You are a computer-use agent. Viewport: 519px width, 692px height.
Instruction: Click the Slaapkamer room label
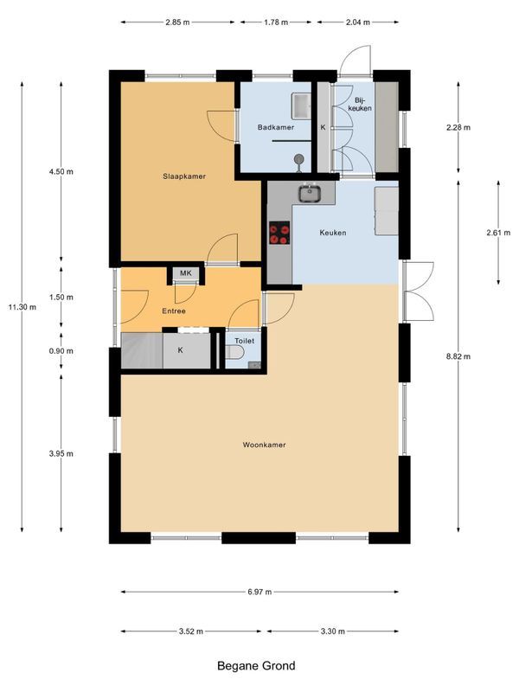tap(184, 176)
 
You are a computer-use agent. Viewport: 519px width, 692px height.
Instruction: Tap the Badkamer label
tap(276, 127)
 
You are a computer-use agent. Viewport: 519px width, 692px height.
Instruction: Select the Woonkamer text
tap(264, 445)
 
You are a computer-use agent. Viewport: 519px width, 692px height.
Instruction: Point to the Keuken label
tap(333, 233)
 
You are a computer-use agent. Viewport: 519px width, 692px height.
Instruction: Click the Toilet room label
tap(244, 341)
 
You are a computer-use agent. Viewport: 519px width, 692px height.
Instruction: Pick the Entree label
tap(174, 311)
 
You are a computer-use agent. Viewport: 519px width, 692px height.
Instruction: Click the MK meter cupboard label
tap(186, 273)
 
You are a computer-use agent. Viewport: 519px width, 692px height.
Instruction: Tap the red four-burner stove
tap(279, 233)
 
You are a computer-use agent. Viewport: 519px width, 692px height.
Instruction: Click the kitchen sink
tap(310, 193)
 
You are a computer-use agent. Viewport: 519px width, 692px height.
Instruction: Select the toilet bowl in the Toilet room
tap(234, 353)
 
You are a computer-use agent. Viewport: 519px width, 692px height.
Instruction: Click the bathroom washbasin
tap(301, 106)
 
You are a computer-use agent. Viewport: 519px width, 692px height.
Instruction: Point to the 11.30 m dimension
tap(22, 307)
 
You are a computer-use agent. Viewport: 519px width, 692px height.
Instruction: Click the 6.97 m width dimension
tap(259, 592)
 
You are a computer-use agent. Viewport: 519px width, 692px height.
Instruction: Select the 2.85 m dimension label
tap(177, 22)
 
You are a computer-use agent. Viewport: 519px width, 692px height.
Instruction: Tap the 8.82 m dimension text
tap(458, 356)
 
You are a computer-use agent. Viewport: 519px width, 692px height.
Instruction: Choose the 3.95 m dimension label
tap(61, 453)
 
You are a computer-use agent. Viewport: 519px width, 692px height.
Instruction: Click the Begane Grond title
tap(256, 665)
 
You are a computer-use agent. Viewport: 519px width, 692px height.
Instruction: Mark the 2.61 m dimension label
tap(498, 233)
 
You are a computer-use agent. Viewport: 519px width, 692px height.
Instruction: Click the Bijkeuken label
tap(360, 104)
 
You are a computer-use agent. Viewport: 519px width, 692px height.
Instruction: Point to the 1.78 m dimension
tap(276, 22)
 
